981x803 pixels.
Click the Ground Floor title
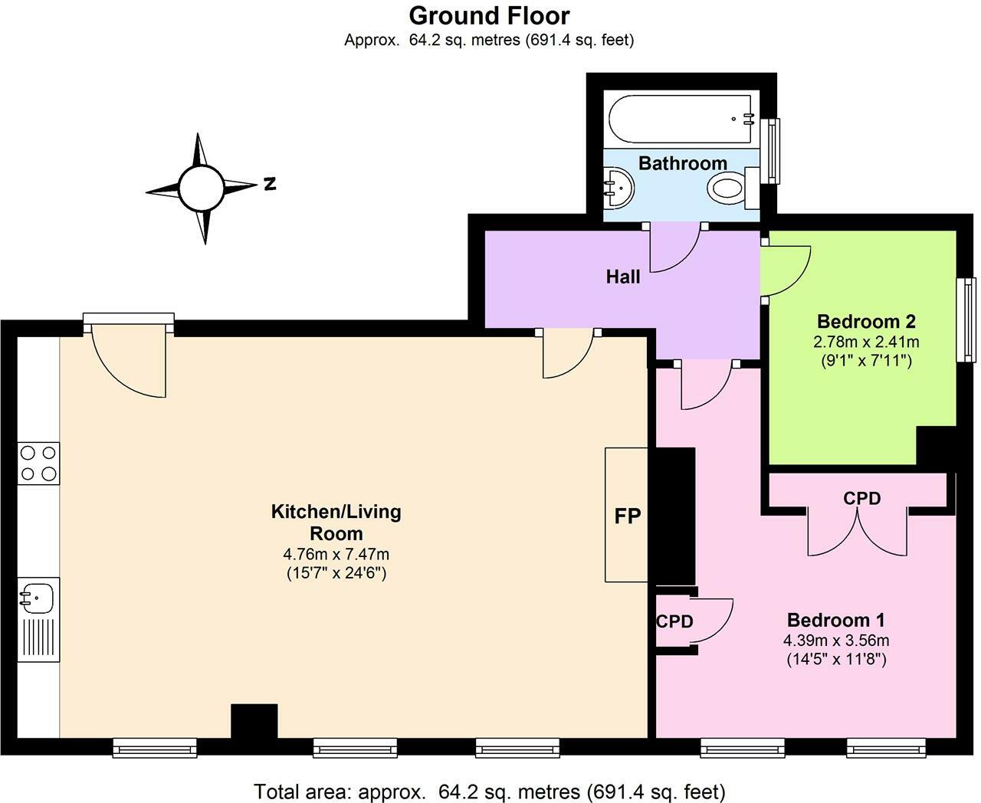489,15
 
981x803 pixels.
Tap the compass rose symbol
201,187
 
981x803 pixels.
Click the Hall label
622,277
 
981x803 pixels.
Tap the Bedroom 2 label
866,321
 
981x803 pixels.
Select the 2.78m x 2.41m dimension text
866,341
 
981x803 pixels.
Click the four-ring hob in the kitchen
38,463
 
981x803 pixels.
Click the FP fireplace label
627,516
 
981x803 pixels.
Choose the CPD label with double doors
861,498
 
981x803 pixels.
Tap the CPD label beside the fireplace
674,621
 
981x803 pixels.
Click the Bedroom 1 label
836,619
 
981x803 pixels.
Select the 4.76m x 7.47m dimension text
336,554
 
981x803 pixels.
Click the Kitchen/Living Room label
336,522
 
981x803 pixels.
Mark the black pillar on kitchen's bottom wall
254,721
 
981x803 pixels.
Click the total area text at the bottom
489,791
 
